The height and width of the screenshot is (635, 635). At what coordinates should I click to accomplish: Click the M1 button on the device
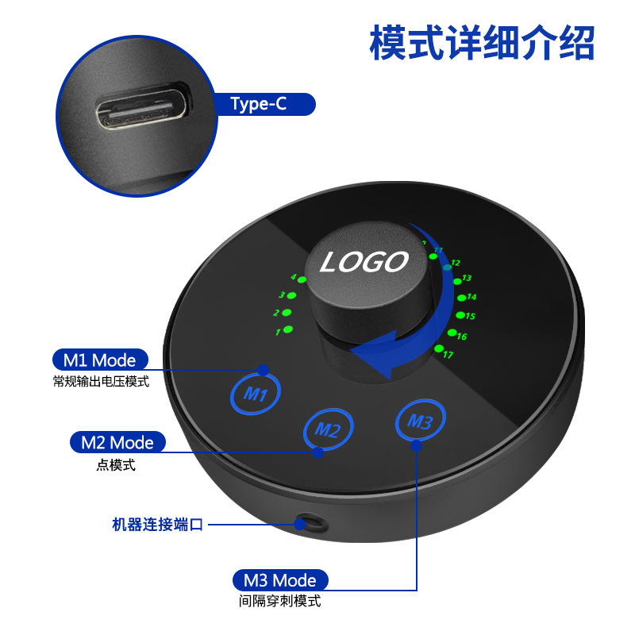256,393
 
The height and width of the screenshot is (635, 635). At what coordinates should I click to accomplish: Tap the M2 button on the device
328,429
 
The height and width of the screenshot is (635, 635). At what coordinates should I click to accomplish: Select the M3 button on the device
421,420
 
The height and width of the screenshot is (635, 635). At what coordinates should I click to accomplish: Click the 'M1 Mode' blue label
100,360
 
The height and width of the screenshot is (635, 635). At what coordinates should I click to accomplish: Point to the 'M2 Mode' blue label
117,442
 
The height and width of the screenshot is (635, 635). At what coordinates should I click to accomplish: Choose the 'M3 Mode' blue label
280,580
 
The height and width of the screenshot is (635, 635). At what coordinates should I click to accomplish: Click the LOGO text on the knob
364,262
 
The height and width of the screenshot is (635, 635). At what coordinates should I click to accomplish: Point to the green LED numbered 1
288,329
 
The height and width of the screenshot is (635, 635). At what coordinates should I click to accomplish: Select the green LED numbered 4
302,279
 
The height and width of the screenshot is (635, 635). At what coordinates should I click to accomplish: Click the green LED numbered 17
439,348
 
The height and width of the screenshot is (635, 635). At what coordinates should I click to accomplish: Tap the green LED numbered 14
462,298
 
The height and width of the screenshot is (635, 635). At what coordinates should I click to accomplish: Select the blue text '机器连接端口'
157,525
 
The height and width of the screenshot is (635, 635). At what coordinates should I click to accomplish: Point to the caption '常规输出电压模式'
101,382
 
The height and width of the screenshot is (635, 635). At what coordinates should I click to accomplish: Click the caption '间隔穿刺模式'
280,601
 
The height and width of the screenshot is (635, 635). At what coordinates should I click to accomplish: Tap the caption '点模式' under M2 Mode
116,465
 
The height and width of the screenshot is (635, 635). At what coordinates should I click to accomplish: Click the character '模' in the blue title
388,43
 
